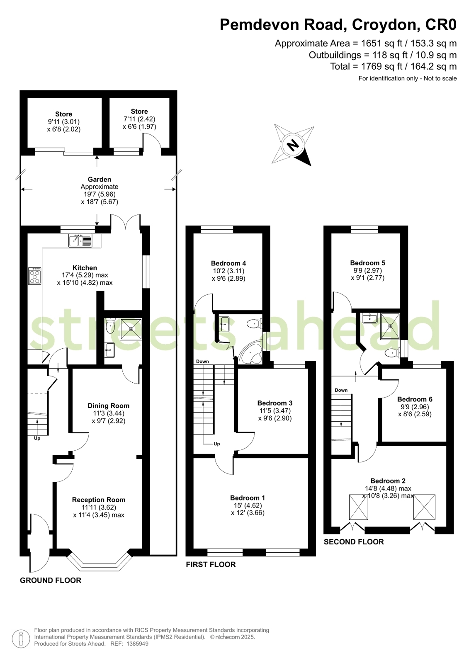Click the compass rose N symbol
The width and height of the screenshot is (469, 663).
(293, 145)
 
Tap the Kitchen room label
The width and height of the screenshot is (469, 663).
(85, 268)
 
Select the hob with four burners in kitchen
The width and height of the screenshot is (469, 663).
(35, 276)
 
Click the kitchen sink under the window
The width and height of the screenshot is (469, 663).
(80, 240)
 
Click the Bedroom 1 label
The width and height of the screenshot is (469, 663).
(248, 498)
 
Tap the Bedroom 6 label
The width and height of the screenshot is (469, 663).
(415, 399)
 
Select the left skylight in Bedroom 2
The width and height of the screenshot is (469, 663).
(359, 507)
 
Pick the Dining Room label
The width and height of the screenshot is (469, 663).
(108, 406)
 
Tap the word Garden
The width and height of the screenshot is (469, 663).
(99, 180)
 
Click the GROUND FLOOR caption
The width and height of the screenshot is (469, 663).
(51, 580)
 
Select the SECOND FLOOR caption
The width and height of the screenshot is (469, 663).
(354, 542)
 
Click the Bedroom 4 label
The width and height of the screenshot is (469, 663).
(228, 263)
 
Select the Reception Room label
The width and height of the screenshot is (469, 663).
(99, 500)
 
